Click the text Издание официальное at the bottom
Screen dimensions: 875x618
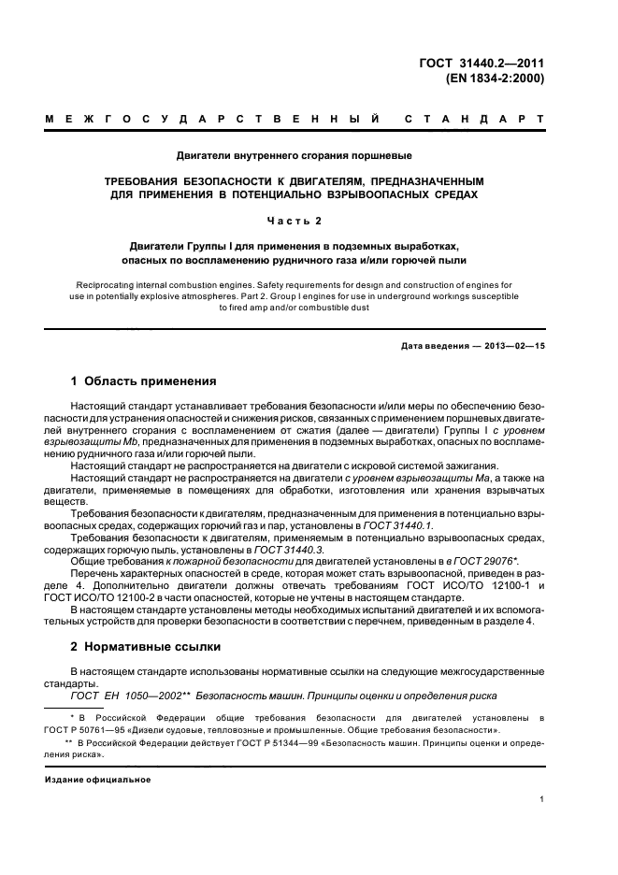(98, 779)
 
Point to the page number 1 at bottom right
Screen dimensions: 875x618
(541, 799)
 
